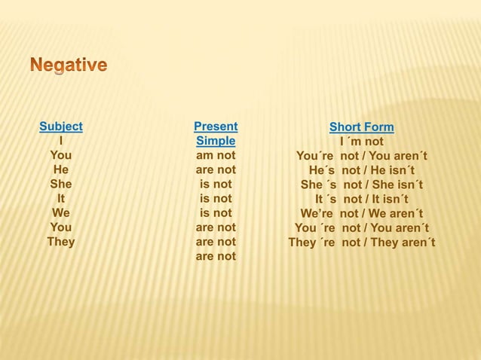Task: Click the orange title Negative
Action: [x=69, y=66]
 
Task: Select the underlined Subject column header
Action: [x=61, y=127]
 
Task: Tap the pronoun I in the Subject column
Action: [x=60, y=141]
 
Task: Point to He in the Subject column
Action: [x=61, y=169]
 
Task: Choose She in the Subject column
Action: [x=61, y=184]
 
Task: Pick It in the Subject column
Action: [x=61, y=198]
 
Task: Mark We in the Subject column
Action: [x=61, y=212]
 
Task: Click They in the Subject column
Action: [x=61, y=242]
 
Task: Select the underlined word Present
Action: [x=216, y=127]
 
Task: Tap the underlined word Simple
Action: [x=216, y=141]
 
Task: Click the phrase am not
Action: [x=216, y=155]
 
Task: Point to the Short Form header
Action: [x=362, y=127]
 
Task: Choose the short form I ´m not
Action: [x=362, y=142]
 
